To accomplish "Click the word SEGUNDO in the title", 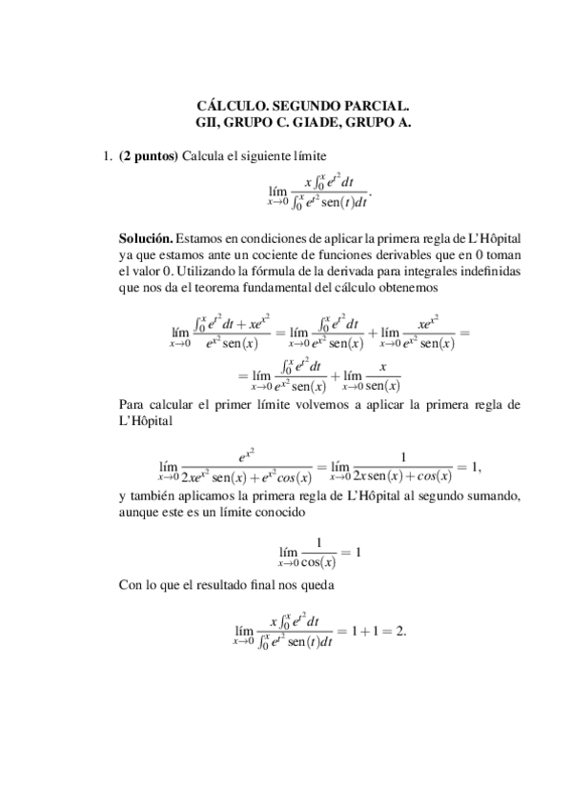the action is click(x=289, y=108).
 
